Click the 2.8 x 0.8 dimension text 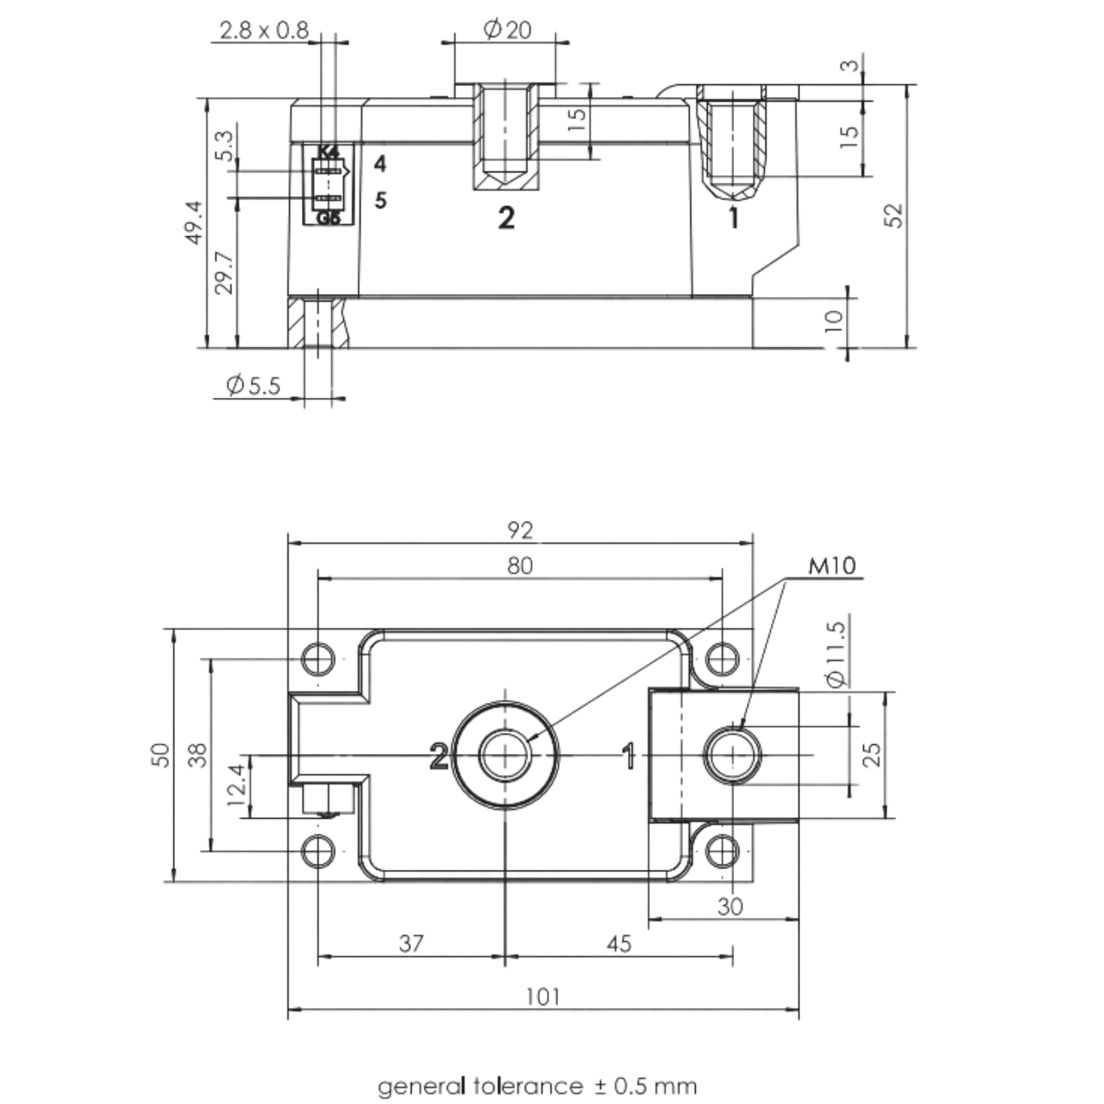pyautogui.click(x=264, y=31)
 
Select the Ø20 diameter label pyautogui.click(x=507, y=29)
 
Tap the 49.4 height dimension pyautogui.click(x=195, y=222)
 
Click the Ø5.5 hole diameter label pyautogui.click(x=254, y=385)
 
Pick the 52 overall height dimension pyautogui.click(x=895, y=215)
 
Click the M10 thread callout pyautogui.click(x=832, y=566)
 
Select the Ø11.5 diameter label pyautogui.click(x=837, y=654)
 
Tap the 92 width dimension pyautogui.click(x=520, y=530)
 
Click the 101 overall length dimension pyautogui.click(x=542, y=997)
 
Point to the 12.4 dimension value pyautogui.click(x=237, y=785)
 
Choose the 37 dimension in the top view pyautogui.click(x=411, y=944)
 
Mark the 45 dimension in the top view pyautogui.click(x=619, y=944)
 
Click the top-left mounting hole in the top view pyautogui.click(x=318, y=659)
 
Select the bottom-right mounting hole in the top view pyautogui.click(x=722, y=851)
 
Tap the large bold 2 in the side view pyautogui.click(x=506, y=219)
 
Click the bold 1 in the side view pyautogui.click(x=733, y=218)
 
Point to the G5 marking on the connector pyautogui.click(x=329, y=218)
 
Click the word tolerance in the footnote pyautogui.click(x=528, y=1086)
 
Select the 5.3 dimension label pyautogui.click(x=225, y=145)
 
